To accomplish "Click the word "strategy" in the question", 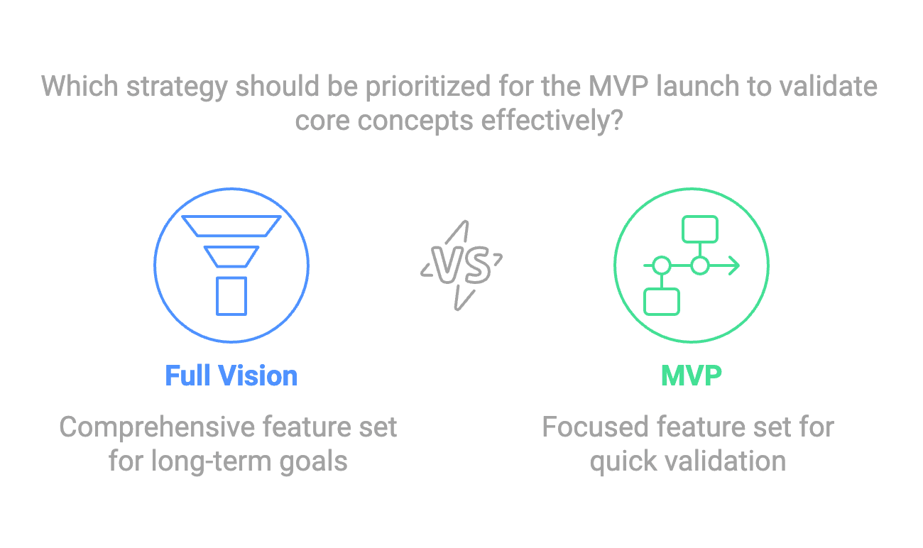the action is [176, 87].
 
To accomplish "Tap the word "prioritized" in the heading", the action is [428, 87].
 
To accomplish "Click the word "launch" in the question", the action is [698, 86].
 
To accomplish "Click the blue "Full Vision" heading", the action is [231, 376].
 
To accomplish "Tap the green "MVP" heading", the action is [692, 376].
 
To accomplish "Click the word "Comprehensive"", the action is [158, 428].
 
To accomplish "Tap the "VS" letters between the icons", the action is [461, 265].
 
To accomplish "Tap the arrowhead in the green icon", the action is [734, 265].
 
